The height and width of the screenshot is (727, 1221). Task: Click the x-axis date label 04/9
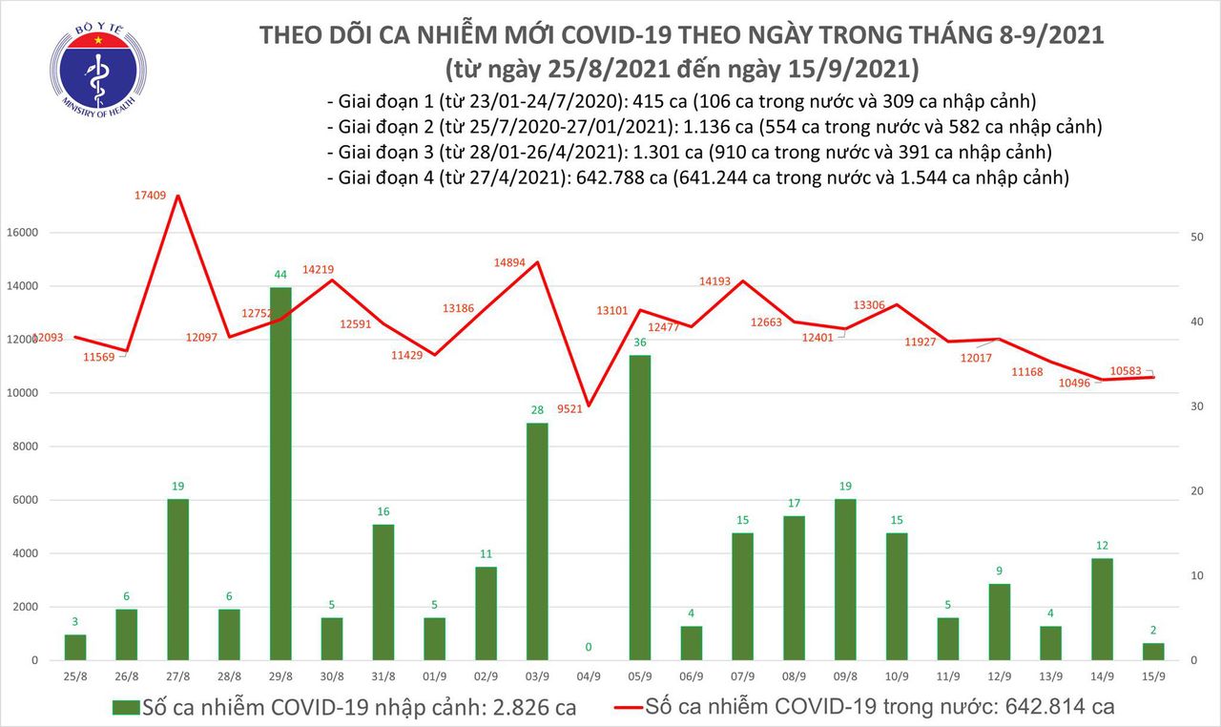(590, 676)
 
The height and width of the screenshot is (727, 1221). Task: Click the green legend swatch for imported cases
(124, 708)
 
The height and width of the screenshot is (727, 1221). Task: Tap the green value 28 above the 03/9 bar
(538, 410)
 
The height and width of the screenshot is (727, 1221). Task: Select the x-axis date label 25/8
(74, 676)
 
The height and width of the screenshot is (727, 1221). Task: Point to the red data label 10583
(1130, 370)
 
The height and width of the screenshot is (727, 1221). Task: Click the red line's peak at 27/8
(176, 196)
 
